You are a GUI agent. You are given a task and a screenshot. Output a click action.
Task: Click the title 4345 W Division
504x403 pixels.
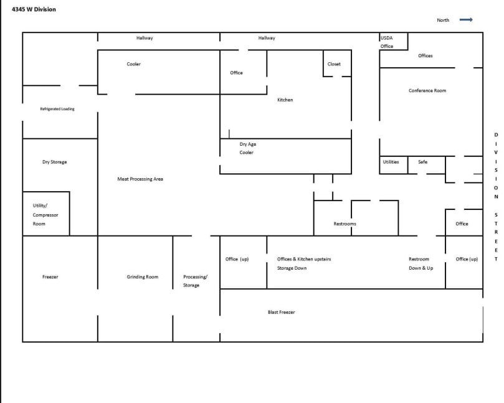point(34,9)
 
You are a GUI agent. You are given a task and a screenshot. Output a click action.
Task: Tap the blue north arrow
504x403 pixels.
point(466,20)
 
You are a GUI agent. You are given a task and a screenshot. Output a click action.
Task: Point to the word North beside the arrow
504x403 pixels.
point(443,21)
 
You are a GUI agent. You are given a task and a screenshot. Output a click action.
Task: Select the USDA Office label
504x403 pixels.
point(387,42)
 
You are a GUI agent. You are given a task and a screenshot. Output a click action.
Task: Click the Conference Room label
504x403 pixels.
point(427,91)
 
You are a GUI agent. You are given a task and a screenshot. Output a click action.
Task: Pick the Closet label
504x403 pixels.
point(334,64)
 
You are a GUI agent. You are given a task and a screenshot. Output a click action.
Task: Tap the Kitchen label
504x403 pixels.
point(285,100)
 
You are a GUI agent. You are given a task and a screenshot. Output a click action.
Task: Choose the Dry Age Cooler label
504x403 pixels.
point(247,148)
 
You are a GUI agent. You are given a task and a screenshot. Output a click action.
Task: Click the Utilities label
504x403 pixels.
point(391,162)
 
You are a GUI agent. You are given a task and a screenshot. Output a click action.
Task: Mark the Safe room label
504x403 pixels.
point(422,162)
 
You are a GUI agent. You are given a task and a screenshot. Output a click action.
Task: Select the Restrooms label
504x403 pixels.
point(345,224)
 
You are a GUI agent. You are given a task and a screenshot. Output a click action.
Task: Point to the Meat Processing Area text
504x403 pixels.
point(140,179)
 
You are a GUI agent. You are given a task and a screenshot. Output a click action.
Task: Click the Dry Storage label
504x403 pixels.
point(54,162)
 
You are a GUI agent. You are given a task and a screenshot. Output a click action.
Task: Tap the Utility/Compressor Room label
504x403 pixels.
point(45,214)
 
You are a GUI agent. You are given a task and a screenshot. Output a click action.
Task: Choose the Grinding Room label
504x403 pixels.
point(143,277)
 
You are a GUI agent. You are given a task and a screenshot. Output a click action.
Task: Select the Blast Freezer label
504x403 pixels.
point(281,312)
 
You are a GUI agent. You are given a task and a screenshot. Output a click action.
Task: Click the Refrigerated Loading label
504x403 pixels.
point(57,109)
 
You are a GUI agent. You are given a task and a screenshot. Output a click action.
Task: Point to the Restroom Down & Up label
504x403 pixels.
point(421,263)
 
